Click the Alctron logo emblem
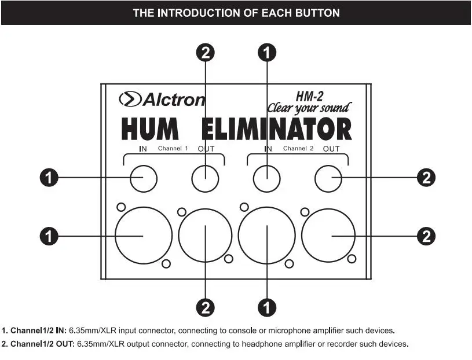coord(130,99)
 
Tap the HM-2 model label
coord(309,96)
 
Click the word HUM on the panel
coord(150,128)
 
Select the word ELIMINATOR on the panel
coord(276,128)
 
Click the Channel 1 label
coord(173,148)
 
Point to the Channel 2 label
coord(298,148)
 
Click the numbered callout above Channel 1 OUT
coord(205,53)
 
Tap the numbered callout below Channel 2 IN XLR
coord(267,308)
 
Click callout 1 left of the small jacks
coord(49,178)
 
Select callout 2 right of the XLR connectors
coord(426,236)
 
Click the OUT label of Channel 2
coord(331,149)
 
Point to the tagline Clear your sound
coord(309,108)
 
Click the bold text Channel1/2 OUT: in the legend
coord(42,344)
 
